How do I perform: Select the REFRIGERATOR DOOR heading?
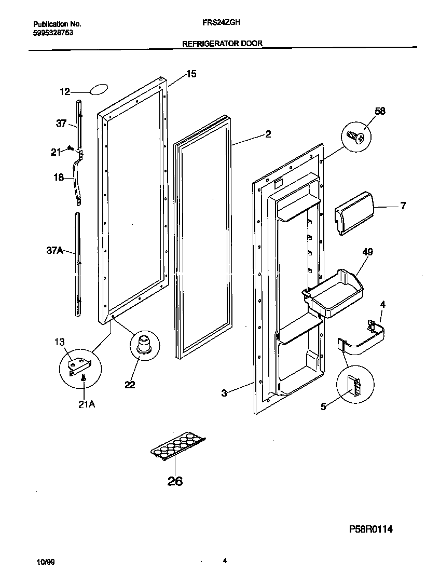pyautogui.click(x=222, y=44)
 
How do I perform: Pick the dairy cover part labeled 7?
pyautogui.click(x=355, y=212)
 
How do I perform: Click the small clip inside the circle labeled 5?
pyautogui.click(x=355, y=387)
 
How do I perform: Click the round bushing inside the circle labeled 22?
pyautogui.click(x=143, y=344)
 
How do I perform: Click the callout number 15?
pyautogui.click(x=191, y=74)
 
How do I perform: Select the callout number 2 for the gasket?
pyautogui.click(x=268, y=134)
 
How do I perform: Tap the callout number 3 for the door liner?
pyautogui.click(x=224, y=393)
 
